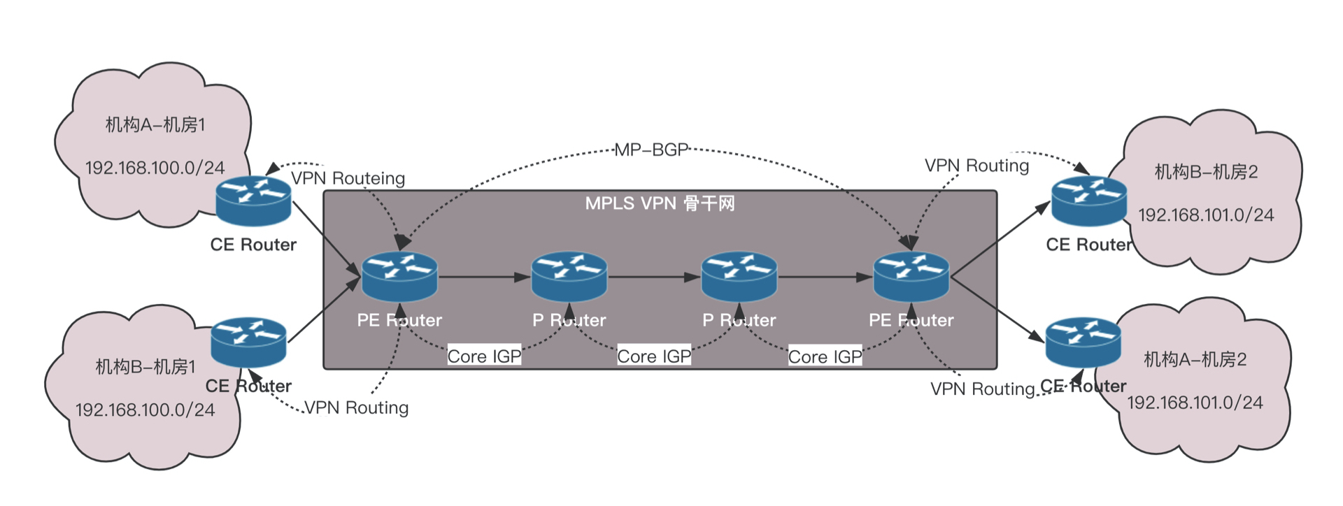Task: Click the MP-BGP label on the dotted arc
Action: coord(651,150)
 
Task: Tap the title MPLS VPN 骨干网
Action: coord(660,203)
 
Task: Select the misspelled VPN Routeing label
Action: coord(348,178)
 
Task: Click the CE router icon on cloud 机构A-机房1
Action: coord(253,201)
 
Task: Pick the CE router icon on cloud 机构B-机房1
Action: coord(248,342)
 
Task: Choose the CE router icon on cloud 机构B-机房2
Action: coord(1089,201)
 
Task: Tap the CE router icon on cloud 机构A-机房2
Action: coord(1083,342)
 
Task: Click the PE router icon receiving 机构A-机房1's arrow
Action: coord(399,277)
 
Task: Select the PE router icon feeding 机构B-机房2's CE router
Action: coord(911,277)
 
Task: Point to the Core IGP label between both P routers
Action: coord(654,356)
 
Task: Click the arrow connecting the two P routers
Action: coord(654,277)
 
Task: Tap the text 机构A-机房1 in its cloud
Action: coord(155,125)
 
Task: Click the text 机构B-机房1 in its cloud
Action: coord(145,367)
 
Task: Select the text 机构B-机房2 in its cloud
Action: coord(1206,172)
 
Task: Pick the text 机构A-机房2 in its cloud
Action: coord(1195,360)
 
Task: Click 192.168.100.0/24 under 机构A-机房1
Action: coord(155,168)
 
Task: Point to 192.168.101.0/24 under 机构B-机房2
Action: coord(1206,215)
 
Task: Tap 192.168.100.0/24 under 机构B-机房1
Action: coord(145,410)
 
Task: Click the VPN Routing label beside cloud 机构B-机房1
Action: coord(357,407)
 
